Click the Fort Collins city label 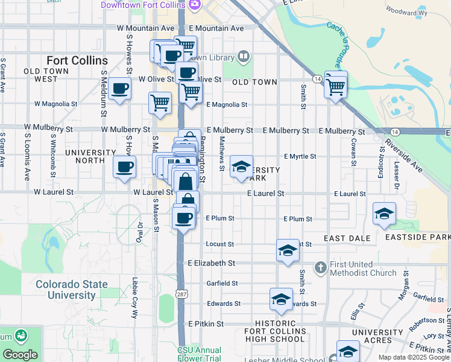click(x=77, y=61)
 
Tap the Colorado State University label click(x=65, y=290)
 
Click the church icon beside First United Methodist click(x=321, y=267)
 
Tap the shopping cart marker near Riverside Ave click(x=335, y=84)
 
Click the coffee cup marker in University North click(x=125, y=167)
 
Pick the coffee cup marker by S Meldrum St click(x=119, y=89)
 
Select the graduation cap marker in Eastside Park click(x=384, y=214)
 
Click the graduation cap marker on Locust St click(x=288, y=249)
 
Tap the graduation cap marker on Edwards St click(x=281, y=299)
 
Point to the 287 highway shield click(x=180, y=293)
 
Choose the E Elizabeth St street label click(x=211, y=263)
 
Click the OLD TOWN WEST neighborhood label click(x=41, y=75)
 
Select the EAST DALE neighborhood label click(x=347, y=238)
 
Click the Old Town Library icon click(x=243, y=57)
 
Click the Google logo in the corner click(x=20, y=355)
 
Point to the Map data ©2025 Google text click(x=414, y=357)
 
